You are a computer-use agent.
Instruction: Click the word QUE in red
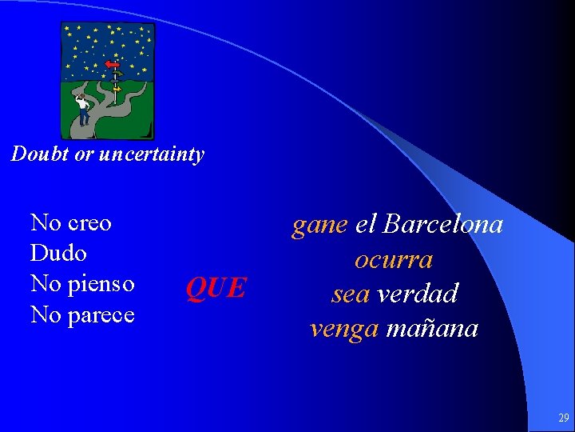216,286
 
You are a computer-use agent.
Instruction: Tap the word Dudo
57,254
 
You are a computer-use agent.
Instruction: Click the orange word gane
319,226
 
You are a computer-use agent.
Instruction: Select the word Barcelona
442,224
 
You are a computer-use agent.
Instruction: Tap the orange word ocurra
394,260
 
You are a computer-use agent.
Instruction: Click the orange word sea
351,294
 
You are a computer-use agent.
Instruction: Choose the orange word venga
344,328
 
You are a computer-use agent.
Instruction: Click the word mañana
431,328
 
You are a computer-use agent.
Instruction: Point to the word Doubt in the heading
40,154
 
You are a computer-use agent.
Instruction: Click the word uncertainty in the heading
157,154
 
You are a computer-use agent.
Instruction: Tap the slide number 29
563,418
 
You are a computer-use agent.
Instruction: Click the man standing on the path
81,108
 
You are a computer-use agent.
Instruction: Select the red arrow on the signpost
113,64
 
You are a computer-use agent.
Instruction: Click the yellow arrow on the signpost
117,89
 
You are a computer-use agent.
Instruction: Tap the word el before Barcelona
365,224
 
